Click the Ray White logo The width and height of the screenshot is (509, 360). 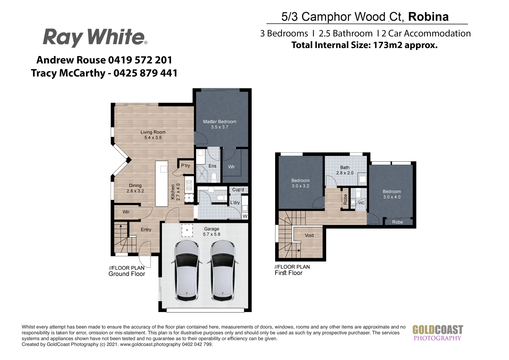point(95,37)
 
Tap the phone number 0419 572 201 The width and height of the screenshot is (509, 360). point(140,60)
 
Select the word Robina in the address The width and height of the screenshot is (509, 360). point(428,17)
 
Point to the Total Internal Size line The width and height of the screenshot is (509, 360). point(364,45)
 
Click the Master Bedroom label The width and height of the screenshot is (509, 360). point(220,124)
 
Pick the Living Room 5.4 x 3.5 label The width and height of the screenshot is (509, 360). point(153,135)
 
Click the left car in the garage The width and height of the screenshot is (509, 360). point(188,271)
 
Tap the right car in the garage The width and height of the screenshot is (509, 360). point(223,271)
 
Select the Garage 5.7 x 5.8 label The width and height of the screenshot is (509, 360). point(212,231)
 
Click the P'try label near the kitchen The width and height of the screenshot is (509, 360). point(186,166)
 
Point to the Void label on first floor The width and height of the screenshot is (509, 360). point(309,235)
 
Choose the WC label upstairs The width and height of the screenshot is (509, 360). point(361,203)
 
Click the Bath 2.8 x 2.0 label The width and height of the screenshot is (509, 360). point(345,170)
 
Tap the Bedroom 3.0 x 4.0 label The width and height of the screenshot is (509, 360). point(392,194)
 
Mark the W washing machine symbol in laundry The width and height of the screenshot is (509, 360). point(245,216)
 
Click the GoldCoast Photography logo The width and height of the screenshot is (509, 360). point(437,333)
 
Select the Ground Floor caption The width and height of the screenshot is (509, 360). point(127,274)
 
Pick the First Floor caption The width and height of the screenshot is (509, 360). point(288,273)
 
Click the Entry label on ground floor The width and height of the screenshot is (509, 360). point(146,229)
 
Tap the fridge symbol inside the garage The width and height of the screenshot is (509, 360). point(187,230)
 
